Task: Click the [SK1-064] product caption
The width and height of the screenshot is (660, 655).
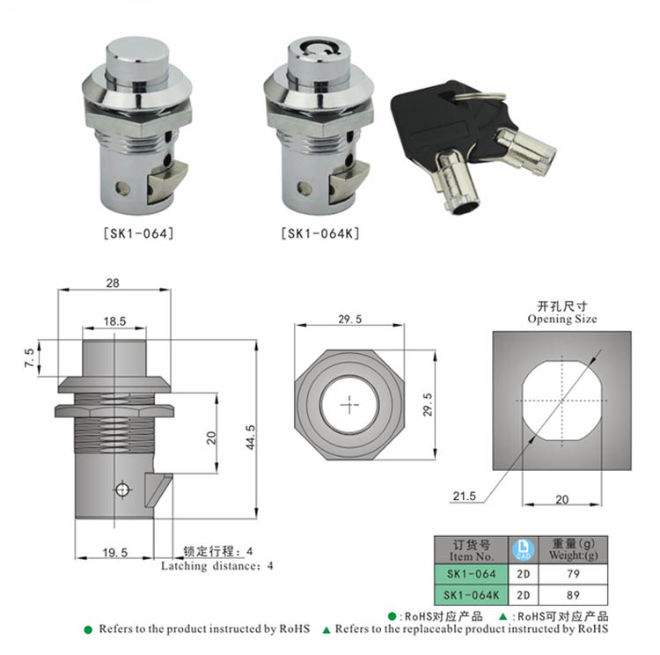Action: pos(138,233)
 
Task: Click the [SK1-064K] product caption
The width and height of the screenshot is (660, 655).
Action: pos(320,233)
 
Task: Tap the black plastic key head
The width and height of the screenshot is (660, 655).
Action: pos(437,122)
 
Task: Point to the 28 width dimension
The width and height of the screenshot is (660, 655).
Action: pos(113,283)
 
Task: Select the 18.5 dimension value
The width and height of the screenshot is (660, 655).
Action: pos(115,321)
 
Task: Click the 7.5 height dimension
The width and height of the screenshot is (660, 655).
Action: pos(30,357)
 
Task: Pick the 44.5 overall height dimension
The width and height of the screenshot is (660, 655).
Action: pos(251,437)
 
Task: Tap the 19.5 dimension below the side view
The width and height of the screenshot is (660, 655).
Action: pos(115,552)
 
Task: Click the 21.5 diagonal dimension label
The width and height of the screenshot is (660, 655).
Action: pos(465,496)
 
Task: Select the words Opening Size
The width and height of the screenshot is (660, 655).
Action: pos(562,319)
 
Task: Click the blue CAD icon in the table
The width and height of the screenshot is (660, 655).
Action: pos(524,549)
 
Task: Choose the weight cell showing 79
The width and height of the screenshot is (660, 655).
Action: pos(573,574)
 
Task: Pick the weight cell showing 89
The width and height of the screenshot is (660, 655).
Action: pos(573,595)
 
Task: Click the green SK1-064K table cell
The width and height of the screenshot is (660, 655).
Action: pos(471,595)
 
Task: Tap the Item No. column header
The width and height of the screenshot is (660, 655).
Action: pos(471,556)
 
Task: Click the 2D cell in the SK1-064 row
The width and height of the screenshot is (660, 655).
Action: pos(524,574)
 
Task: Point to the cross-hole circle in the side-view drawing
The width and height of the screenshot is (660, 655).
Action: pos(122,489)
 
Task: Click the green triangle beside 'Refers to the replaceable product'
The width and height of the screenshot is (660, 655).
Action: pos(326,630)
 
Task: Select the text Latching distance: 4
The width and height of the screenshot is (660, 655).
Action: pos(216,566)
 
